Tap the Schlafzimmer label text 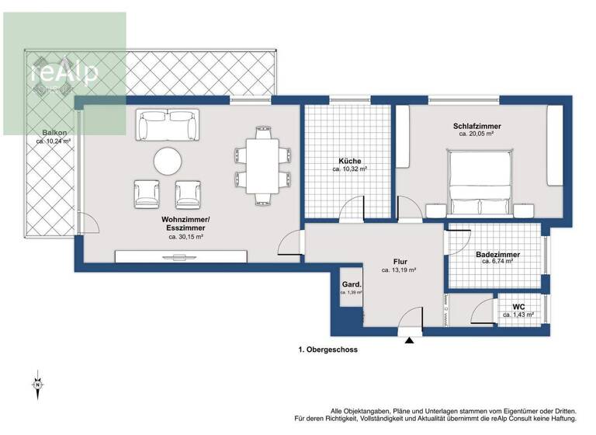coord(476,126)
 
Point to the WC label coord(518,306)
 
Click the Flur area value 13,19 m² coord(399,271)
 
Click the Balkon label coord(53,134)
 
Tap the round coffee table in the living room coord(168,162)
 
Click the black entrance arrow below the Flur coord(409,339)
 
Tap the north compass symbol coord(36,384)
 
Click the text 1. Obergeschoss coord(328,350)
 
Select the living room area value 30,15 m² coord(185,236)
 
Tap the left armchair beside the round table coord(147,193)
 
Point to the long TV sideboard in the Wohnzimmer coord(181,256)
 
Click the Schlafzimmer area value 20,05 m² coord(476,134)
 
